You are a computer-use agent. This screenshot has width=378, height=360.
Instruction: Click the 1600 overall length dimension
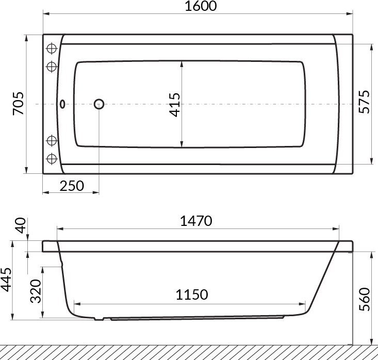pyautogui.click(x=201, y=6)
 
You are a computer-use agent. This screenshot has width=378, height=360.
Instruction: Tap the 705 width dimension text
pyautogui.click(x=19, y=104)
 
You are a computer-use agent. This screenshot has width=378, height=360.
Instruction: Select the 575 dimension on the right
pyautogui.click(x=364, y=102)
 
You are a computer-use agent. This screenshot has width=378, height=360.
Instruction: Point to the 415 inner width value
pyautogui.click(x=174, y=105)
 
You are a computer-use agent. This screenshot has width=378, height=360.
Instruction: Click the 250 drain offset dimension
pyautogui.click(x=72, y=186)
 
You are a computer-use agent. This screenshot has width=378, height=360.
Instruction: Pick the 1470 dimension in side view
pyautogui.click(x=196, y=221)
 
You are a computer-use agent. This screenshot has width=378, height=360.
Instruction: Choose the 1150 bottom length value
pyautogui.click(x=192, y=294)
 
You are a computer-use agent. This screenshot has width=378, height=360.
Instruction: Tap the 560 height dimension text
pyautogui.click(x=364, y=299)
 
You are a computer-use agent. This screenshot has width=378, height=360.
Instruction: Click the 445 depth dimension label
pyautogui.click(x=6, y=280)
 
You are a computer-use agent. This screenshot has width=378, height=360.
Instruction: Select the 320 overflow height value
pyautogui.click(x=36, y=291)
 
